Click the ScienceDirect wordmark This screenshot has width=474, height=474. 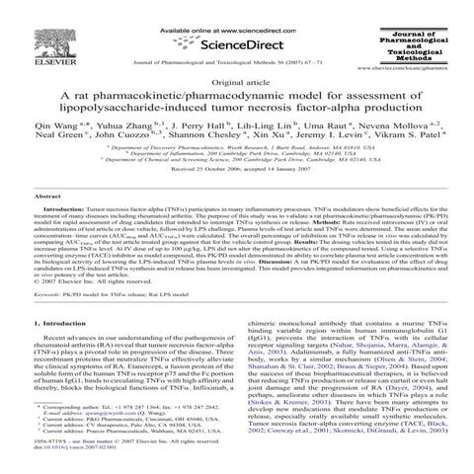(239, 44)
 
